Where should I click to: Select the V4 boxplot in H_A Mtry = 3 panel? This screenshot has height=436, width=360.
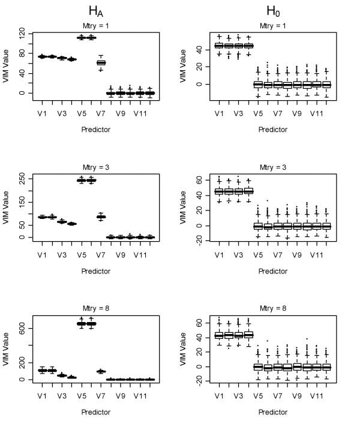click(72, 224)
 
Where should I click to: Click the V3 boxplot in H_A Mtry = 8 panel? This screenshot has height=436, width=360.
click(62, 375)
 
